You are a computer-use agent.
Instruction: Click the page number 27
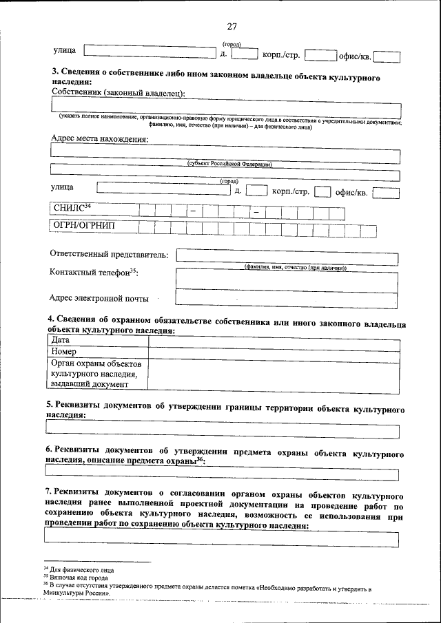pyautogui.click(x=232, y=27)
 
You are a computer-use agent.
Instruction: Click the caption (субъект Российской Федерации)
pyautogui.click(x=229, y=164)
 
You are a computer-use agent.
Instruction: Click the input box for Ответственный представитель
pyautogui.click(x=287, y=255)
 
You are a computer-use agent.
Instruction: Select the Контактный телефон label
pyautogui.click(x=94, y=273)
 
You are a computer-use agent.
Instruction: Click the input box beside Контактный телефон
pyautogui.click(x=287, y=278)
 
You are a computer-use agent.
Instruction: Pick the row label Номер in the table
pyautogui.click(x=64, y=352)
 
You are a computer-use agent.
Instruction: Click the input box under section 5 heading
pyautogui.click(x=222, y=431)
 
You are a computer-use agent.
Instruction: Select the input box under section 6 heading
pyautogui.click(x=222, y=474)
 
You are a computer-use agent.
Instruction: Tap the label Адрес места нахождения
pyautogui.click(x=99, y=139)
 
